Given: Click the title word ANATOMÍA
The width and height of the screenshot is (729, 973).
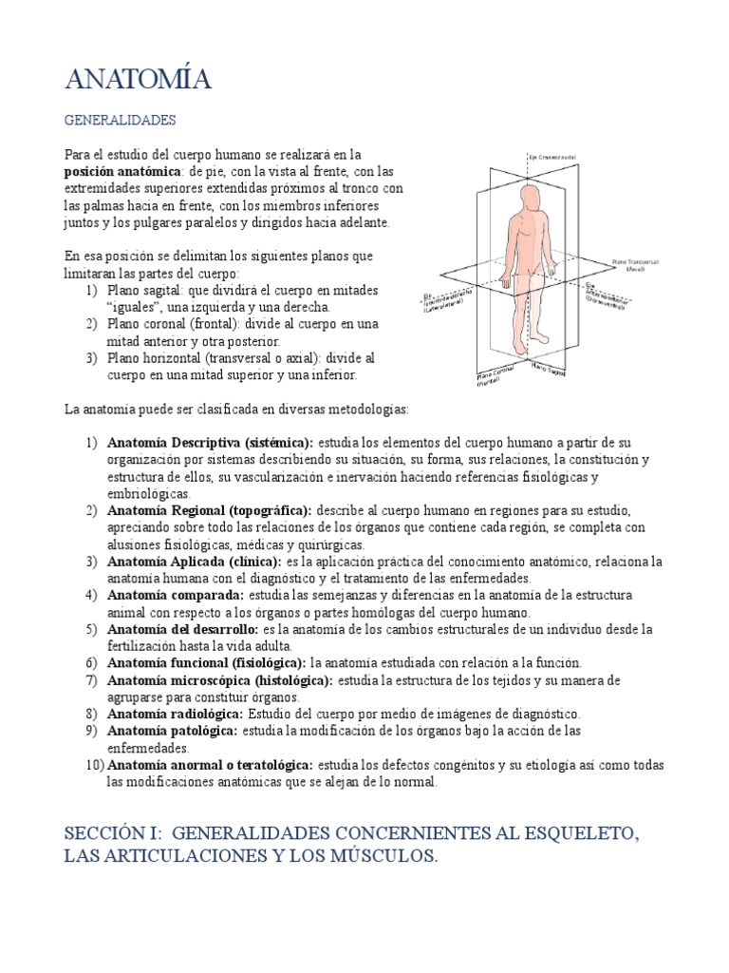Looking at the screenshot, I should click(138, 81).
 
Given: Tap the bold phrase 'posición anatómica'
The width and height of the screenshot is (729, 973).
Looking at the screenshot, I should click(121, 171).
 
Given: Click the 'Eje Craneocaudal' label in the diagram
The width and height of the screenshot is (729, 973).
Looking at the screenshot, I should click(552, 157).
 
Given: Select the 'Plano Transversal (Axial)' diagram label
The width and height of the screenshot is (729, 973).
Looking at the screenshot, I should click(637, 263).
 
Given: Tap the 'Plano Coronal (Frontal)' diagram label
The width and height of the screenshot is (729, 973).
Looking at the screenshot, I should click(495, 378).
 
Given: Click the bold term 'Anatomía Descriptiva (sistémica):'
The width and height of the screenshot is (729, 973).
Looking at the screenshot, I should click(210, 443).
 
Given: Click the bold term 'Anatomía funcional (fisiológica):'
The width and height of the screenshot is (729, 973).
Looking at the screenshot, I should click(207, 662).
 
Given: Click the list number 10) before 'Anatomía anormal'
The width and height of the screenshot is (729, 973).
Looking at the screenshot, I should click(93, 765).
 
